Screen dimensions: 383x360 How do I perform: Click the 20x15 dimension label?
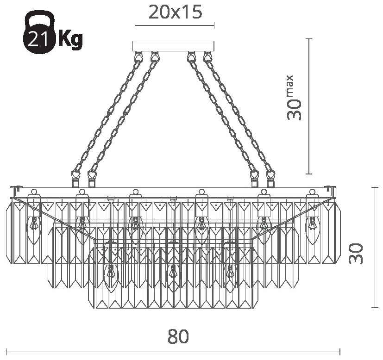(175, 12)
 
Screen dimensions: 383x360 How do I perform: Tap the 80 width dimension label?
(178, 336)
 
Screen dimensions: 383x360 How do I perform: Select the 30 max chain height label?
(294, 98)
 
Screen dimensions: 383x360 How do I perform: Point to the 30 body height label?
(356, 253)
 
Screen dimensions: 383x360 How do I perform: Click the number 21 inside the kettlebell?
(38, 39)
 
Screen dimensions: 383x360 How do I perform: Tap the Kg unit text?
(69, 38)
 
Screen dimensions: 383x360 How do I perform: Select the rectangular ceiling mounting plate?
(173, 46)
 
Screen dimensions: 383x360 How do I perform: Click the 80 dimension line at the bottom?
(173, 352)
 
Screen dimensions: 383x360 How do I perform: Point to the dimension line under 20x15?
(175, 25)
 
